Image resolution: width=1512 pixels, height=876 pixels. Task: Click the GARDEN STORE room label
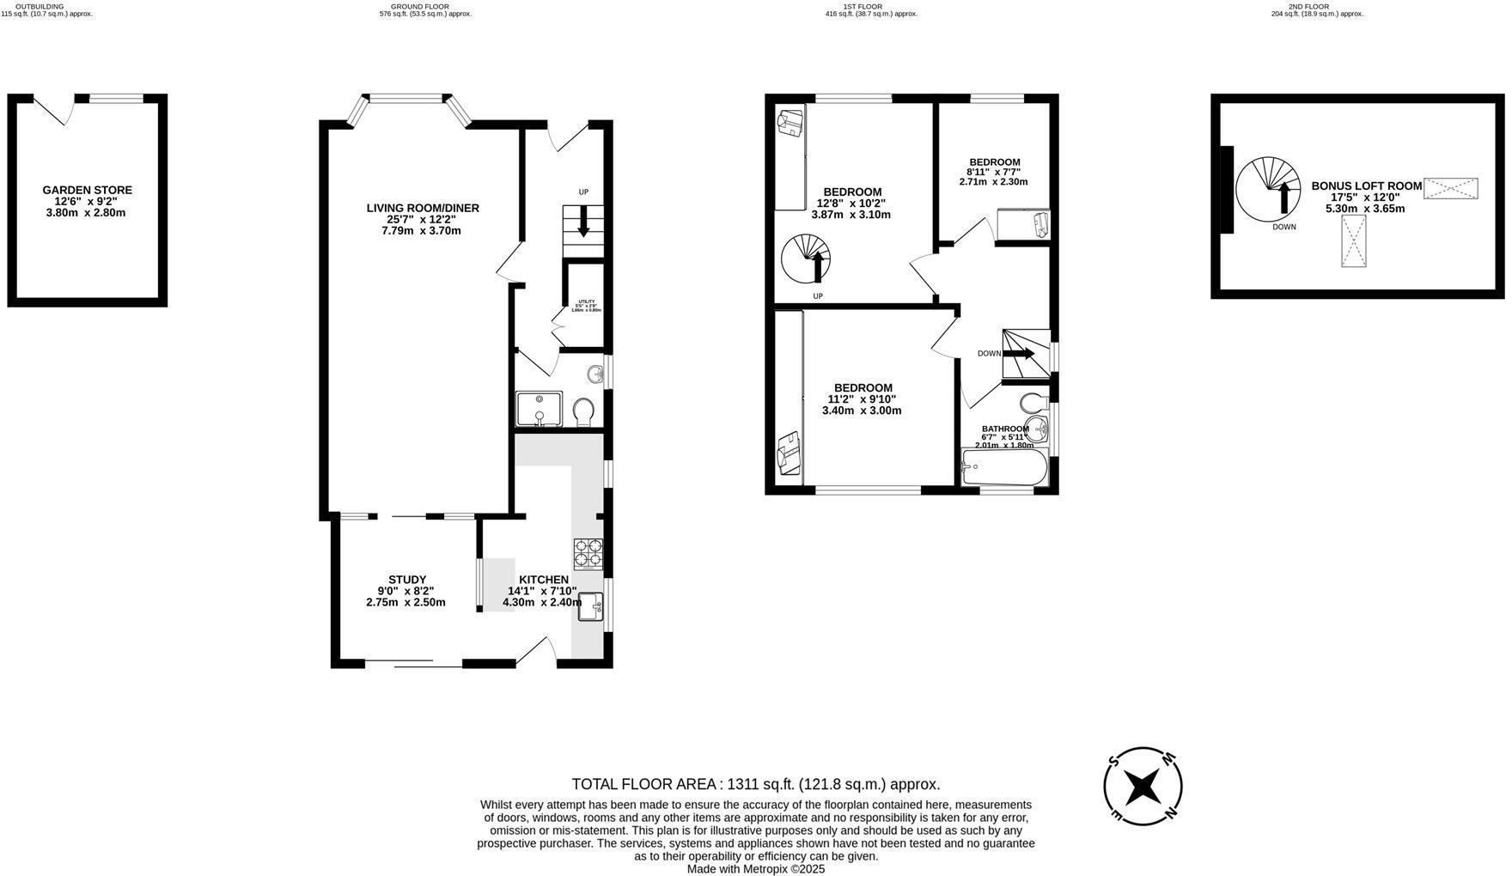point(87,191)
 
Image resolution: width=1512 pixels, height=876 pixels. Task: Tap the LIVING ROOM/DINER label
point(422,209)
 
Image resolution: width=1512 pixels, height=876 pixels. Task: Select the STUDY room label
point(406,581)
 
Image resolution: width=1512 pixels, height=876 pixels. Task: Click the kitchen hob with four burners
point(588,553)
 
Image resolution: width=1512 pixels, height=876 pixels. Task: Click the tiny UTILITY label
point(586,301)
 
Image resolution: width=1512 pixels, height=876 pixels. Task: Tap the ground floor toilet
point(583,411)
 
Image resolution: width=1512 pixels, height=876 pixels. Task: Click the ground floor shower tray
point(539,409)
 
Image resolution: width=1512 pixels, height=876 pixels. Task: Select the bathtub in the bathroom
point(1003,469)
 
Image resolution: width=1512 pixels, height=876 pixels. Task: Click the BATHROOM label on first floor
point(1005,429)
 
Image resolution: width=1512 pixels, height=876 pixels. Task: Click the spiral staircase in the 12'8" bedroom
point(805,260)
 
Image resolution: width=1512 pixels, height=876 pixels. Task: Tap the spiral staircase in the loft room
point(1268,188)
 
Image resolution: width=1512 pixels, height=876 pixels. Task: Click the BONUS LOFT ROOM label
point(1366,186)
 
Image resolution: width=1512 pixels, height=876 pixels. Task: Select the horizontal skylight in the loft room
point(1450,188)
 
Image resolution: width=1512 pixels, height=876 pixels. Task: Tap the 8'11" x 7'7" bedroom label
point(994,162)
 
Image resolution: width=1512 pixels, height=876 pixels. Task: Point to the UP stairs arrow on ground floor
point(583,222)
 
